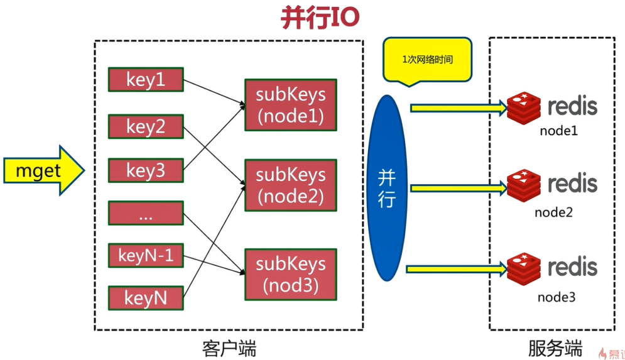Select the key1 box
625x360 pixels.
146,80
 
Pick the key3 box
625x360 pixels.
146,170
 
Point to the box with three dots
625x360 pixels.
146,213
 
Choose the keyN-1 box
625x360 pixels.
146,255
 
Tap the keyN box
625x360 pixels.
146,298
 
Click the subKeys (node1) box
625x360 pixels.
290,104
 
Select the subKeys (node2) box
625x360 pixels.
290,185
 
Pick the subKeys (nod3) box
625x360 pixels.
290,275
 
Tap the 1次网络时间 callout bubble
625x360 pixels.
427,60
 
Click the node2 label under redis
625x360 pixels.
553,212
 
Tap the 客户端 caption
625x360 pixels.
230,347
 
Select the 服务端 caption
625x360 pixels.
555,347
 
